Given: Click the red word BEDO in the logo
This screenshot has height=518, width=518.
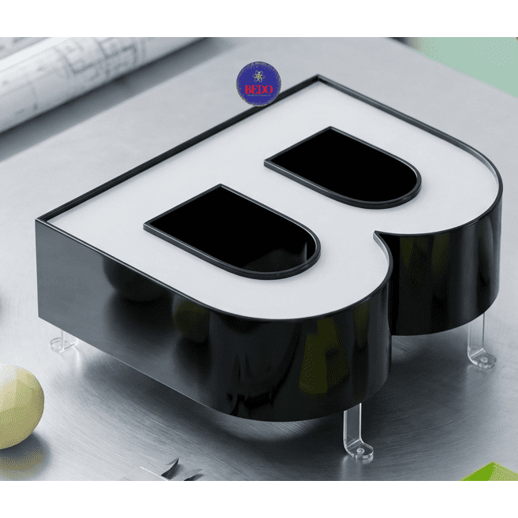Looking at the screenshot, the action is point(259,90).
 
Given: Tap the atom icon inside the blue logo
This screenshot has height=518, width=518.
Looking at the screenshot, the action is point(259,76).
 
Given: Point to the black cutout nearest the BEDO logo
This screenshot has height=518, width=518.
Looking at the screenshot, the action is point(343,167).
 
